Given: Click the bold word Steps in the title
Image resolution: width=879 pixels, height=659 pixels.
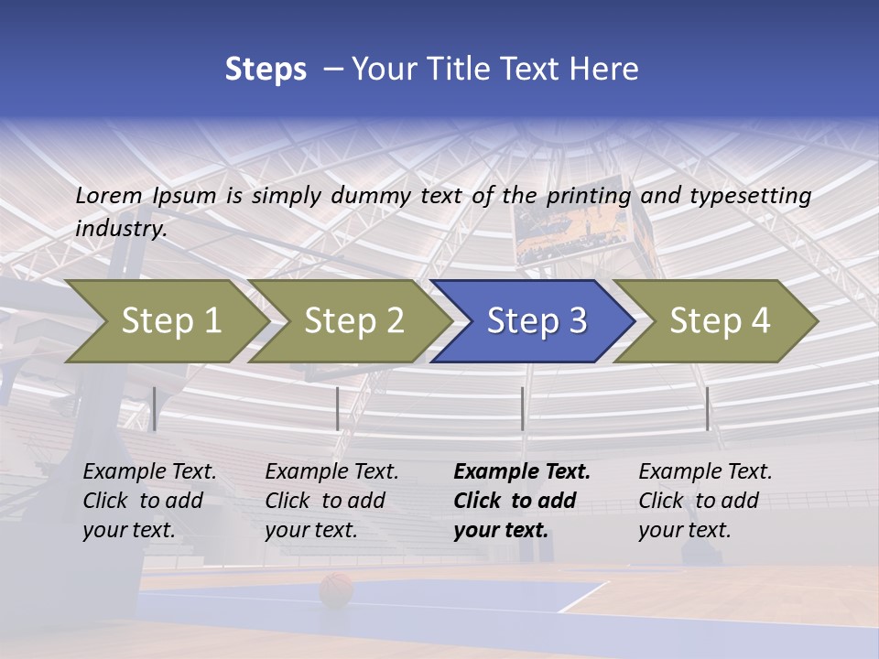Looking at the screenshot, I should [266, 70].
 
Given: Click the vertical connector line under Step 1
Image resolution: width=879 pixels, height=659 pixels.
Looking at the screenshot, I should [155, 408].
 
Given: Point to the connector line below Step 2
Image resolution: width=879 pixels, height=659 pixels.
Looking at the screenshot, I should [338, 408].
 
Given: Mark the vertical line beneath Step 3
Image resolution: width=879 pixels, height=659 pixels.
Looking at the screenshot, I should [523, 408].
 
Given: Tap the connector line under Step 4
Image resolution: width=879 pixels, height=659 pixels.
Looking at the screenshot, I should [708, 408].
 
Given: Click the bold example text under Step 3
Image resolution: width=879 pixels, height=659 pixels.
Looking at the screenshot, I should [521, 501].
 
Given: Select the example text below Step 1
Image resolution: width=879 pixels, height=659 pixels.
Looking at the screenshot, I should [149, 501].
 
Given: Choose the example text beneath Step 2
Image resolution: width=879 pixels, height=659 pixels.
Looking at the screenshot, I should [331, 501].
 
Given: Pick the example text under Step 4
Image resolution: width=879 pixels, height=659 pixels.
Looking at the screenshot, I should [704, 501].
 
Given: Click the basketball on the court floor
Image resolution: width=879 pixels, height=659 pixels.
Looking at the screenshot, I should [336, 589].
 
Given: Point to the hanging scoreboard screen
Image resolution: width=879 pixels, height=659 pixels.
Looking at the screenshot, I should [572, 220].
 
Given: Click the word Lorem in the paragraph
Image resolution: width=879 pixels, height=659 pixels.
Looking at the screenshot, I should [108, 195].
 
